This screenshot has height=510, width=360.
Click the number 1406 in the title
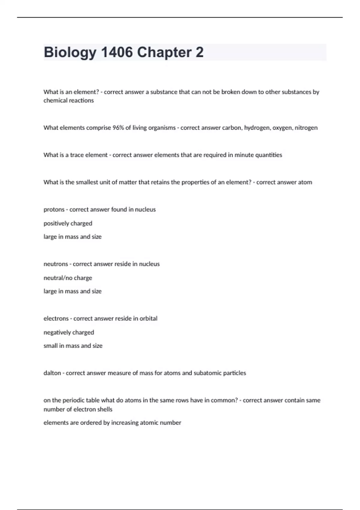pyautogui.click(x=117, y=52)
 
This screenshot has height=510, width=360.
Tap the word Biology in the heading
pyautogui.click(x=70, y=53)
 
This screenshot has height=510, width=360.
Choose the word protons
pyautogui.click(x=54, y=210)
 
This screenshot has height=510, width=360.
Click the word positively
pyautogui.click(x=56, y=223)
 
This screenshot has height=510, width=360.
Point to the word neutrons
pyautogui.click(x=56, y=264)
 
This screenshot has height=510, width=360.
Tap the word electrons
pyautogui.click(x=56, y=319)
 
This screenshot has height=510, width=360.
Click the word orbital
pyautogui.click(x=148, y=319)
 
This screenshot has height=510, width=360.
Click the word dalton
pyautogui.click(x=52, y=373)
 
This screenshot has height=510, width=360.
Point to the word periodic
pyautogui.click(x=73, y=400)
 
